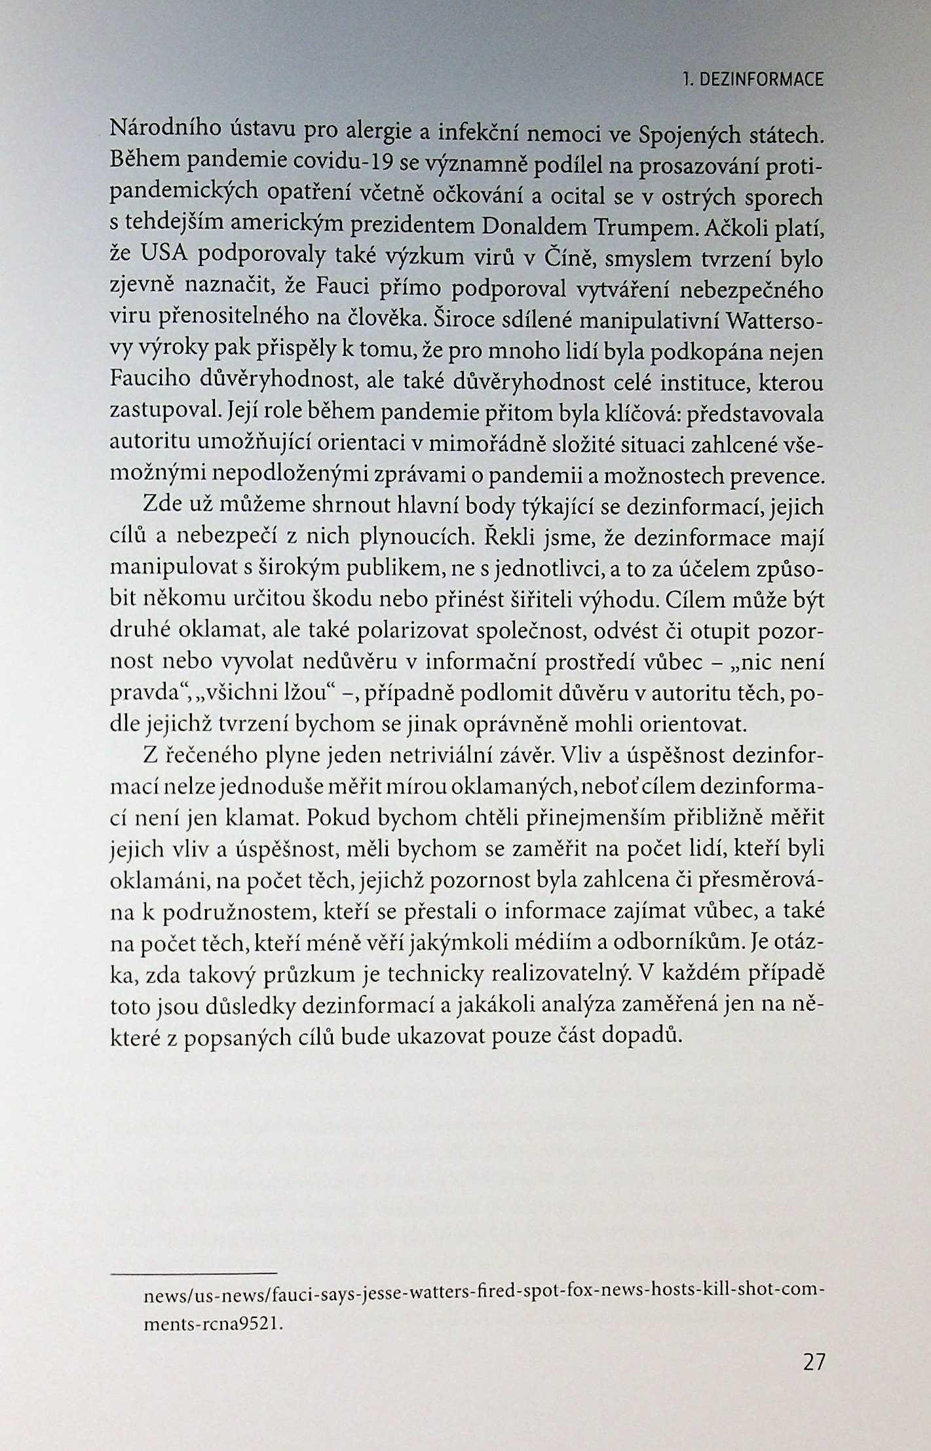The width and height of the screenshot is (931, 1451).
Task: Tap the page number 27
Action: (x=813, y=1361)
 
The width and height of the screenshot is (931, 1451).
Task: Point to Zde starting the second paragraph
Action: (x=158, y=507)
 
